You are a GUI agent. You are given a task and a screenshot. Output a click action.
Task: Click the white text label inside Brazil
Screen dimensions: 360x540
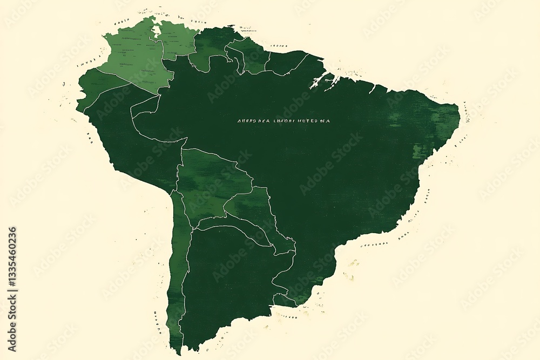coord(283,121)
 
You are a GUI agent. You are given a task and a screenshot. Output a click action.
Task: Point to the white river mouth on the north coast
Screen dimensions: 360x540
coord(324,81)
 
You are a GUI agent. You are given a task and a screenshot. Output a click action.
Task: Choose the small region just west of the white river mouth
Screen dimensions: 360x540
coord(286,62)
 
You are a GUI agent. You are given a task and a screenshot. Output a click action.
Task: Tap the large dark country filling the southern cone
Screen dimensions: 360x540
coord(227,281)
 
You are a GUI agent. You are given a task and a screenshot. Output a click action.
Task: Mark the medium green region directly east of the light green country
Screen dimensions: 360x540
coord(213,46)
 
